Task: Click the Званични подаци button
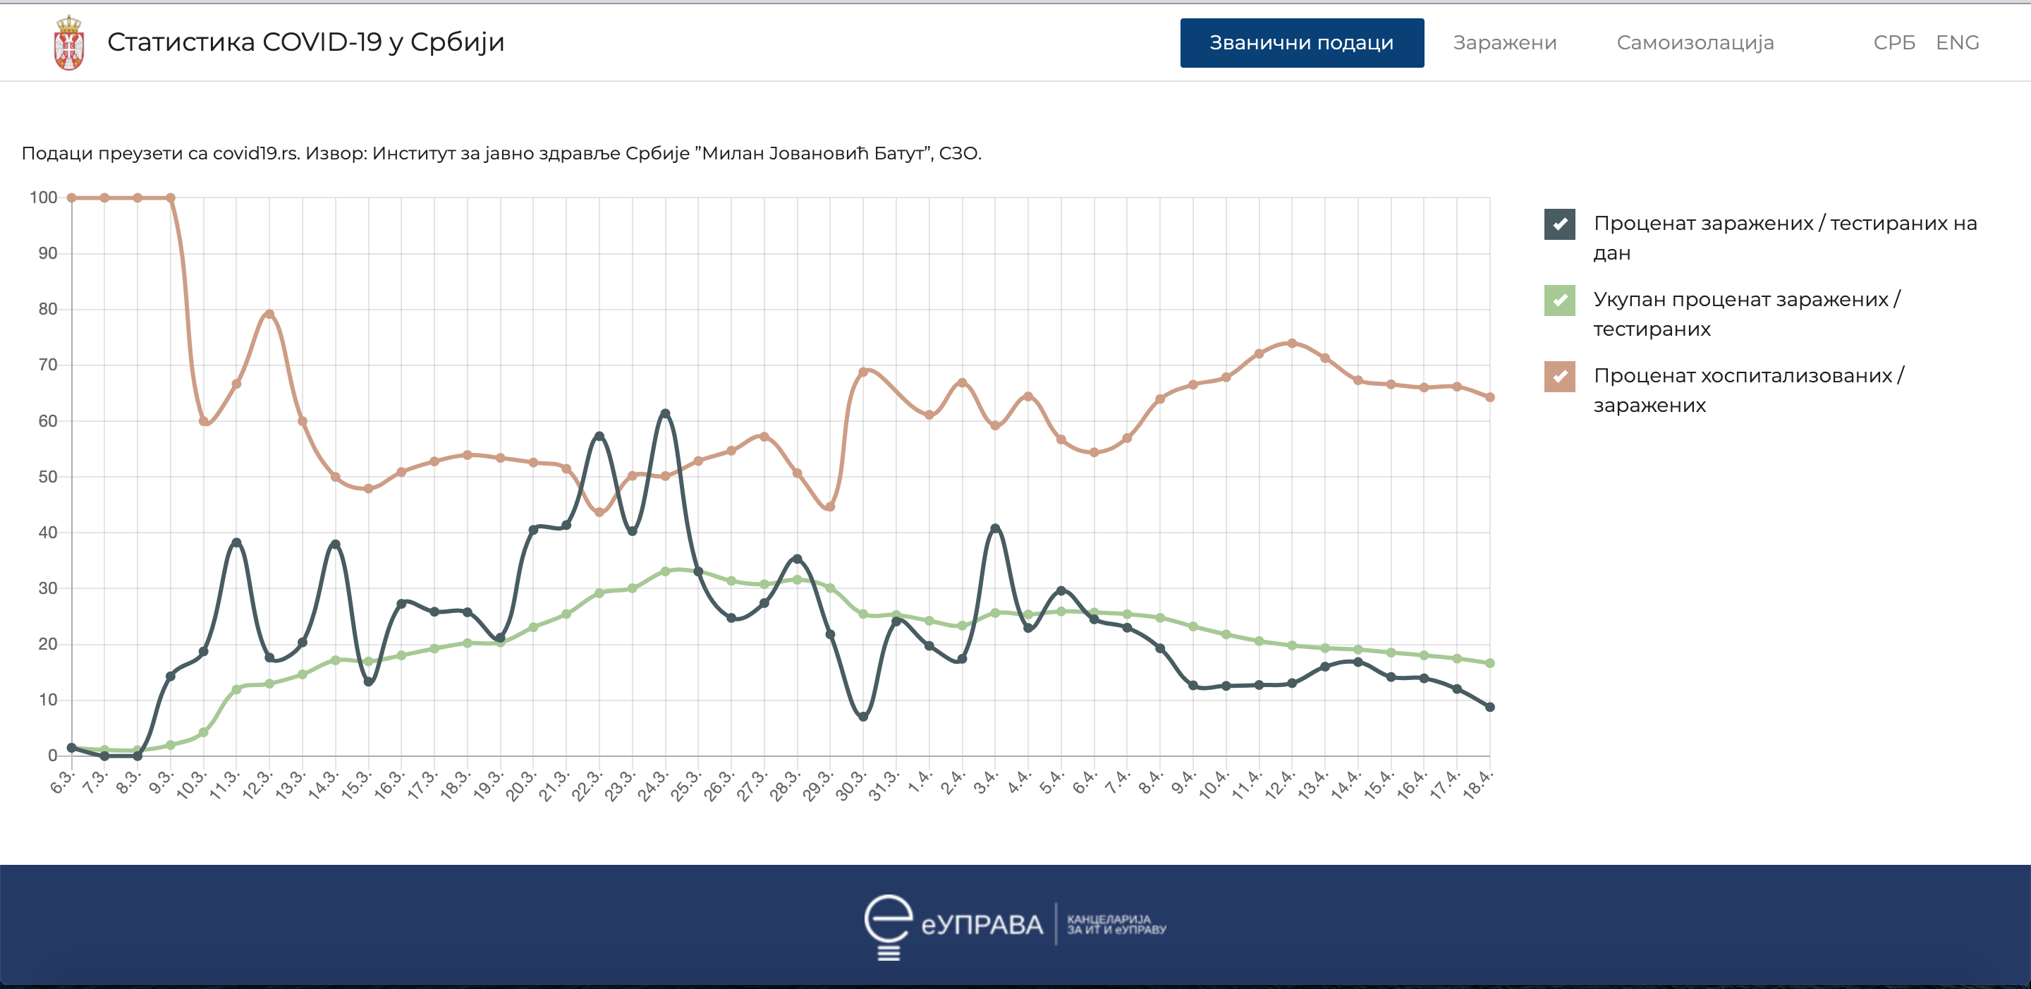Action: pos(1301,42)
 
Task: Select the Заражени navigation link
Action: pos(1504,42)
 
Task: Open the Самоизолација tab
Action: pos(1695,42)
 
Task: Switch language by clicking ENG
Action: pos(1957,42)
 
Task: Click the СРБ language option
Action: pos(1893,42)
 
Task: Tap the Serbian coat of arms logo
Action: pos(69,43)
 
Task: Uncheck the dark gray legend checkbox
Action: pos(1559,224)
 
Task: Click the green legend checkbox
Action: pos(1559,301)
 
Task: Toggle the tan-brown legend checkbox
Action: pos(1559,377)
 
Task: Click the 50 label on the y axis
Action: pos(47,477)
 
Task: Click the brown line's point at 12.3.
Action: pos(269,314)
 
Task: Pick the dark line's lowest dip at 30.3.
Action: pos(862,717)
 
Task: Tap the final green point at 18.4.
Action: pos(1489,663)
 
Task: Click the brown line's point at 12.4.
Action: pos(1291,343)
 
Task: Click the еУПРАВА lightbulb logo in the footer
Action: pos(889,926)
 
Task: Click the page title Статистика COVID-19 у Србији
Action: pos(305,42)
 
